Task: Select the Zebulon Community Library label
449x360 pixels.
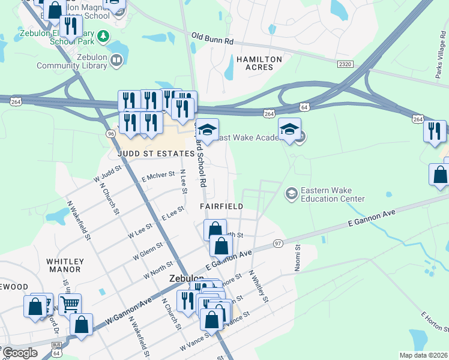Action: click(73, 61)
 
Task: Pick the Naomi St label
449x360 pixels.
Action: click(297, 258)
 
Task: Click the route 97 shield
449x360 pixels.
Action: click(277, 242)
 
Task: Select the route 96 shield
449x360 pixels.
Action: click(110, 133)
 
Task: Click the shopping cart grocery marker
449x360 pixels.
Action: click(70, 304)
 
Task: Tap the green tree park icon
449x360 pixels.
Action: click(104, 36)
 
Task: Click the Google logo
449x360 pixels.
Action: click(20, 353)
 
